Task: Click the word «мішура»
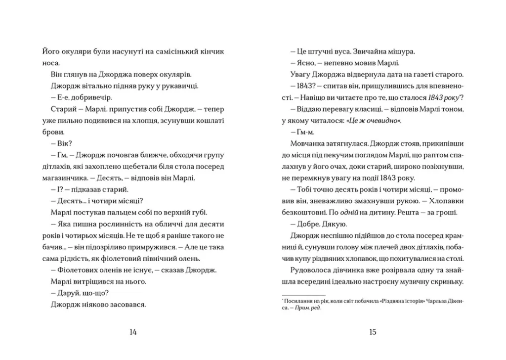403,51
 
